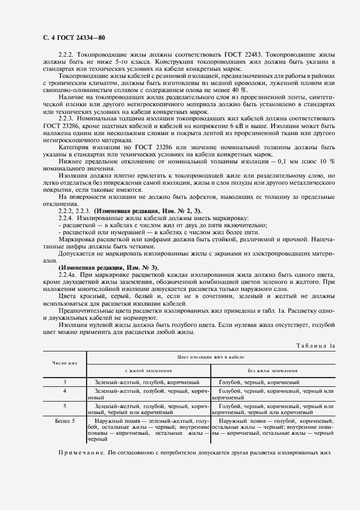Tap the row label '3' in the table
[65, 382]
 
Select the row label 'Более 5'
[65, 421]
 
